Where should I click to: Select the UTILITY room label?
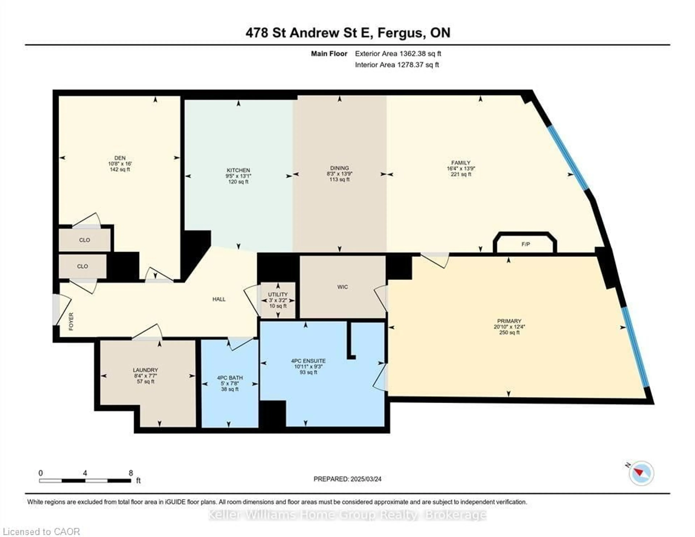[x=277, y=294]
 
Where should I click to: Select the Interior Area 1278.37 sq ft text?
[x=397, y=65]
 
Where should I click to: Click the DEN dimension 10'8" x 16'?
[x=120, y=164]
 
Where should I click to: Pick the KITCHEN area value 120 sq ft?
[x=238, y=182]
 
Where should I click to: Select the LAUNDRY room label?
[x=146, y=370]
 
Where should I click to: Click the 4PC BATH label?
[x=230, y=378]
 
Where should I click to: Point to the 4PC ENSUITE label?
[x=308, y=361]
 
